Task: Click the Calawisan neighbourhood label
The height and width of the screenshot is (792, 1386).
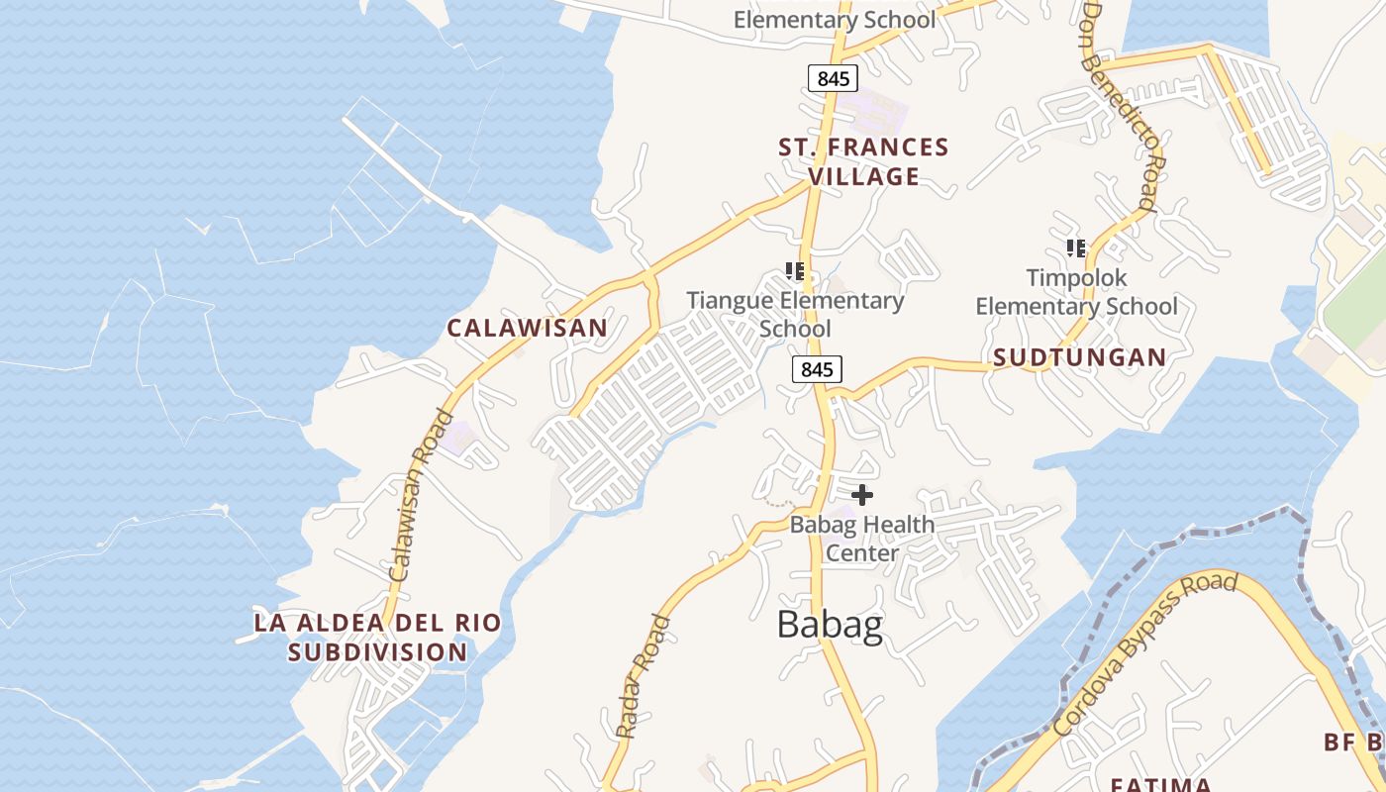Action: coord(527,328)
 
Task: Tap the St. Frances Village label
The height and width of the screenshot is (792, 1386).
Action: coord(863,162)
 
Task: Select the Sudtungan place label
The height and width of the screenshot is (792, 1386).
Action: coord(1079,357)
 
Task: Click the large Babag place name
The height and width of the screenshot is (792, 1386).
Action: coord(830,625)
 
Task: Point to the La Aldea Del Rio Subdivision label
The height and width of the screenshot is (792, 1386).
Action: coord(377,638)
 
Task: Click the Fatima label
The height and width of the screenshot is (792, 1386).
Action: coord(1160,784)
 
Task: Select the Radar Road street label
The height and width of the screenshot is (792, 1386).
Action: coord(643,677)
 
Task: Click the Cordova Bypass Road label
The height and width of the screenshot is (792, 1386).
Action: coord(1145,653)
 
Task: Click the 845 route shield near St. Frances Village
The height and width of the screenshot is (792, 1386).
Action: coord(833,78)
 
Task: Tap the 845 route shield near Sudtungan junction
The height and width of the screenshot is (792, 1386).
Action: coord(817,369)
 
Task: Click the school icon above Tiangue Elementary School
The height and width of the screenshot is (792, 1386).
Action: coord(794,270)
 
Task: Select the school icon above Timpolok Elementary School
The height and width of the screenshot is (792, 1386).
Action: coord(1076,247)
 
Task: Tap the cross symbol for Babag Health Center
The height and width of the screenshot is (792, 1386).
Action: coord(862,494)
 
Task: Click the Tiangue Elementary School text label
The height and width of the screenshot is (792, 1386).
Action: coord(796,314)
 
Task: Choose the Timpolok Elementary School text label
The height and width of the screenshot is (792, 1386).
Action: coord(1077,292)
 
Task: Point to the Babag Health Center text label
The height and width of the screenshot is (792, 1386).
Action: coord(862,538)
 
